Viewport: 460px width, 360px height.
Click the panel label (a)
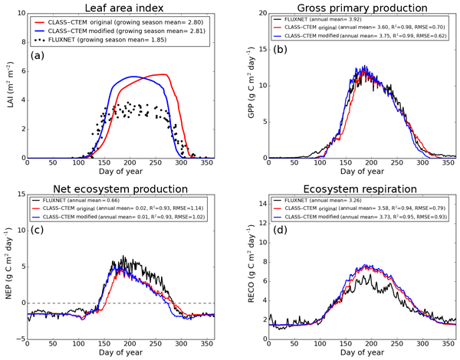pyautogui.click(x=39, y=56)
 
